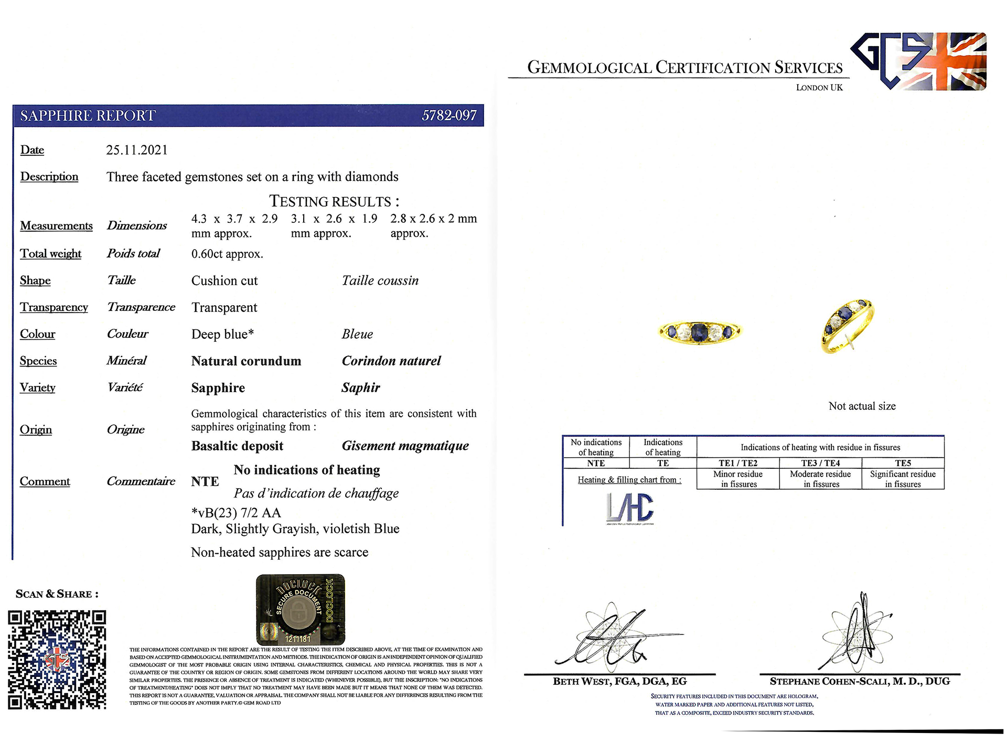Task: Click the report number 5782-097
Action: pos(449,115)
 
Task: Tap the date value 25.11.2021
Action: pos(137,150)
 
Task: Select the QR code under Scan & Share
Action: pos(57,659)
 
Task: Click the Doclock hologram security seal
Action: pos(300,609)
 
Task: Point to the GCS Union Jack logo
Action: pos(918,61)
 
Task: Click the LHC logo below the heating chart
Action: pos(630,508)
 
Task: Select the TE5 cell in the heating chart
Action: pos(903,463)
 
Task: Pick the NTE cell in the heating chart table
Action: pos(596,463)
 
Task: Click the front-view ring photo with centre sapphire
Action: pos(700,331)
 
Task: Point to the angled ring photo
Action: pos(847,326)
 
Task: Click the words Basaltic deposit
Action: pos(237,446)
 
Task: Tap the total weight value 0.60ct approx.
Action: pos(227,254)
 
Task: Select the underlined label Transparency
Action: pos(54,307)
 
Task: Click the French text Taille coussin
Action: pos(380,281)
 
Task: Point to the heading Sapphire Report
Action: pos(88,115)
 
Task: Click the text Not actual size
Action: pos(862,406)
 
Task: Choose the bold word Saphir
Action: pos(360,387)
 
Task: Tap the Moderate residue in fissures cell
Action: pos(820,479)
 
